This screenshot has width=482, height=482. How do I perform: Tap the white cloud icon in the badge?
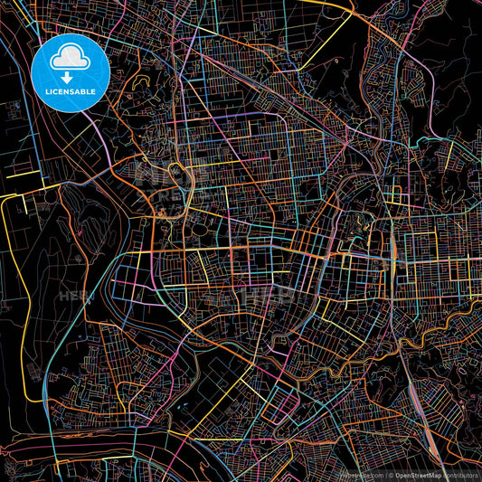tap(71, 60)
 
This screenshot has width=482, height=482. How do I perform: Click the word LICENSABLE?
tap(71, 91)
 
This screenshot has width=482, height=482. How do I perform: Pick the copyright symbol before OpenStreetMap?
tap(391, 475)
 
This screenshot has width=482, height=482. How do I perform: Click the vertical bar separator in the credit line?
tap(384, 475)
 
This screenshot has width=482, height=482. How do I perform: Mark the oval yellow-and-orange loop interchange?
tap(175, 169)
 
